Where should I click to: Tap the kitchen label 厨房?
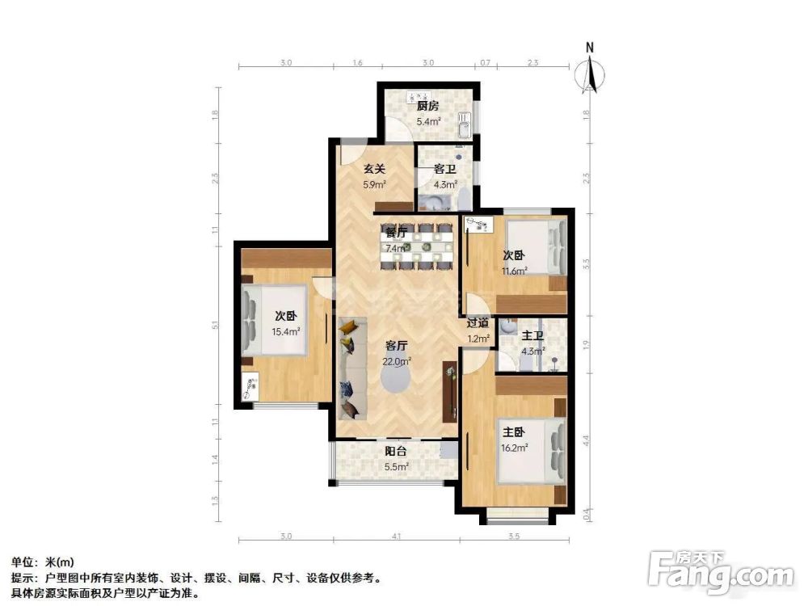point(427,106)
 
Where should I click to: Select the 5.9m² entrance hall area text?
point(372,184)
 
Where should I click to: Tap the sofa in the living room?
point(349,368)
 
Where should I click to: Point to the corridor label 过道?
point(478,322)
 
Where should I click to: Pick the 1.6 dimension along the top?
point(358,62)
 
